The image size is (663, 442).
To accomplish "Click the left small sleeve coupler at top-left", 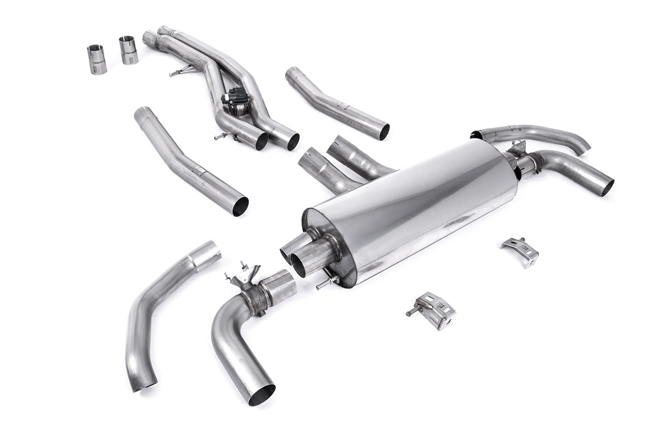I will [97, 60].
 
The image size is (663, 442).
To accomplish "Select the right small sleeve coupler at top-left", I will [128, 50].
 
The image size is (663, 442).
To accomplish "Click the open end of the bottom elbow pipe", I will [261, 394].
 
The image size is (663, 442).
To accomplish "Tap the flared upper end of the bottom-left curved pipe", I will [205, 255].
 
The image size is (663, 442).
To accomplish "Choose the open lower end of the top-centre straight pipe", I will [383, 132].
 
